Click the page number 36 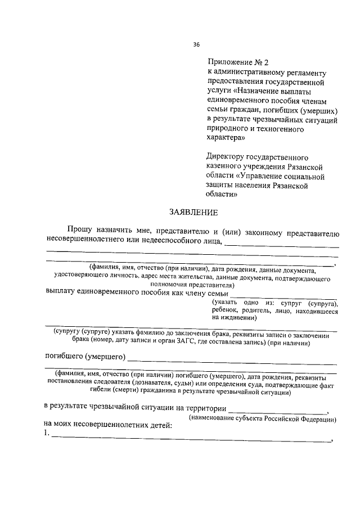click(x=196, y=44)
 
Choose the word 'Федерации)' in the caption click(x=319, y=420)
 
